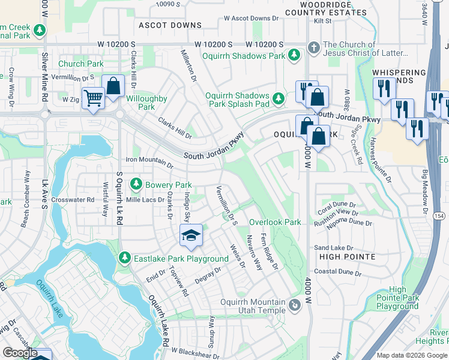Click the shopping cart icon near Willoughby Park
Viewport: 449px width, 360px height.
click(x=92, y=97)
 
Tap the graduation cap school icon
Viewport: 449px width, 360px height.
click(x=191, y=235)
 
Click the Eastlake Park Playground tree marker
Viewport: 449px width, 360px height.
click(x=125, y=258)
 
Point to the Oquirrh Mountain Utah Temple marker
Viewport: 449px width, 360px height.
click(x=295, y=306)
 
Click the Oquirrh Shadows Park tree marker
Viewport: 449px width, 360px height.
click(x=294, y=56)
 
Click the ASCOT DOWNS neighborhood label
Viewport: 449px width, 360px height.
click(x=170, y=25)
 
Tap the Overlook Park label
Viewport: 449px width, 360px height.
click(x=275, y=222)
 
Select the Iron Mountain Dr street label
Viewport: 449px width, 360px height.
click(x=149, y=160)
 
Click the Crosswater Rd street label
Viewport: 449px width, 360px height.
click(x=73, y=200)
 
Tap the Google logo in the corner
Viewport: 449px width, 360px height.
click(x=20, y=353)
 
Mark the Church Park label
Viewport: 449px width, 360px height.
click(x=80, y=64)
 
